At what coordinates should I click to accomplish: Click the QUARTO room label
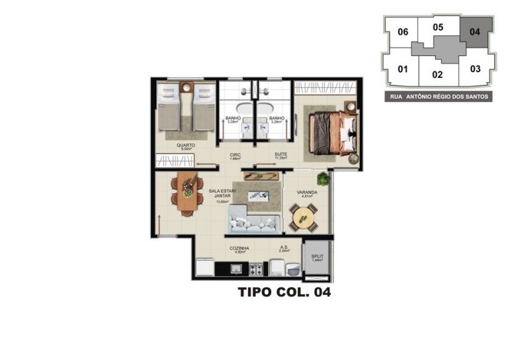click(x=186, y=145)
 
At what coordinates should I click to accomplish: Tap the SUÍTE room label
click(x=280, y=155)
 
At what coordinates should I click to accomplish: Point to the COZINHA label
click(x=240, y=248)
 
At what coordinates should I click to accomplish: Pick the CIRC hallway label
click(x=235, y=155)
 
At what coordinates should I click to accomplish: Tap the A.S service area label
click(x=283, y=248)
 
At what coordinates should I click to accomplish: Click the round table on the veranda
click(x=303, y=217)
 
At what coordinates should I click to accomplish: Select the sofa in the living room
click(x=254, y=223)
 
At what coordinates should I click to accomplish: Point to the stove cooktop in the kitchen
click(x=256, y=269)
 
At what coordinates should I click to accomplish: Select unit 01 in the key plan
click(x=403, y=69)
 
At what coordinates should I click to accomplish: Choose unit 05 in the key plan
click(x=438, y=27)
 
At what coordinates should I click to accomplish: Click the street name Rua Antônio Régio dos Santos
click(x=439, y=96)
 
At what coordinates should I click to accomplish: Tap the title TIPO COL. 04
click(x=284, y=293)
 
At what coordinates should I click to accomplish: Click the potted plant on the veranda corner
click(x=323, y=177)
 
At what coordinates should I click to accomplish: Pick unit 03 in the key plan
click(x=475, y=69)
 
